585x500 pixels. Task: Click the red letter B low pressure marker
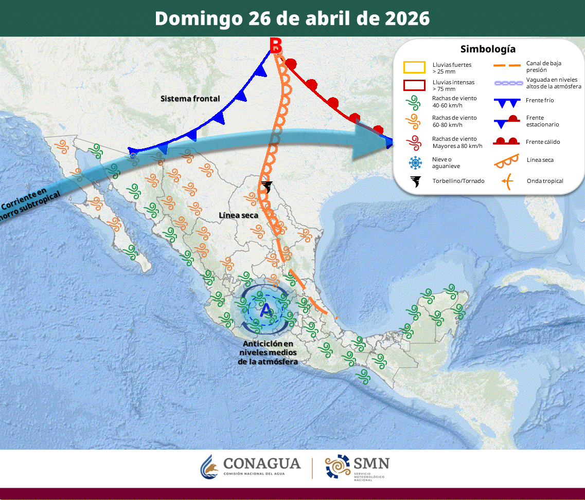(276, 46)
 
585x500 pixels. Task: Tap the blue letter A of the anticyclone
(266, 310)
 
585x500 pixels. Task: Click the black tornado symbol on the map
(267, 187)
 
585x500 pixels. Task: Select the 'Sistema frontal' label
(190, 99)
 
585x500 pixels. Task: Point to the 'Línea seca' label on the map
(238, 215)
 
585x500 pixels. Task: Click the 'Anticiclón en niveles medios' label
(268, 353)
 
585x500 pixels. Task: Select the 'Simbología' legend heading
(488, 49)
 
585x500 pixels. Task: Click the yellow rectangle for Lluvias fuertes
(414, 68)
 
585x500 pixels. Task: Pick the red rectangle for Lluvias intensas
(414, 85)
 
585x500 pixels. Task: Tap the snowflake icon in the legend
(415, 163)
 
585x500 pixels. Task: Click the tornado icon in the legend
(415, 181)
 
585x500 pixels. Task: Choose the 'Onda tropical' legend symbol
(507, 181)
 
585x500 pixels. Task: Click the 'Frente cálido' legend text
(543, 142)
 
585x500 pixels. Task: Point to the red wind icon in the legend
(415, 142)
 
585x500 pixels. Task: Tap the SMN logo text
(370, 464)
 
